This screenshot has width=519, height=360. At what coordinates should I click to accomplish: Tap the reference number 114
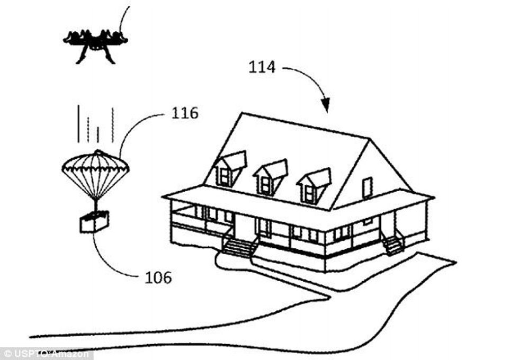(262, 67)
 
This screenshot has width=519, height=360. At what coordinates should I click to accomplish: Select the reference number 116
(185, 113)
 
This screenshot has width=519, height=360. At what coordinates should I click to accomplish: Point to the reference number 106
(158, 277)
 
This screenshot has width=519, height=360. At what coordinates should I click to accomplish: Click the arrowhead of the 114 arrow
(326, 105)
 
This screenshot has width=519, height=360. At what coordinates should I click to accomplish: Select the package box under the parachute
(95, 222)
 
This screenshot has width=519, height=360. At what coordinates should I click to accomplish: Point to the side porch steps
(393, 245)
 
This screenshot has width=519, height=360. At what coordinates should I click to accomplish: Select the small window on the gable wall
(367, 187)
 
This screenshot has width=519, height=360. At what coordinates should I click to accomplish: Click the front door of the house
(245, 226)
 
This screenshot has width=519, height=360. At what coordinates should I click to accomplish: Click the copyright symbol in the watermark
(8, 354)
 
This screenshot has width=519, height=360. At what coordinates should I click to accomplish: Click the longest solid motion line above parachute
(78, 124)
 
